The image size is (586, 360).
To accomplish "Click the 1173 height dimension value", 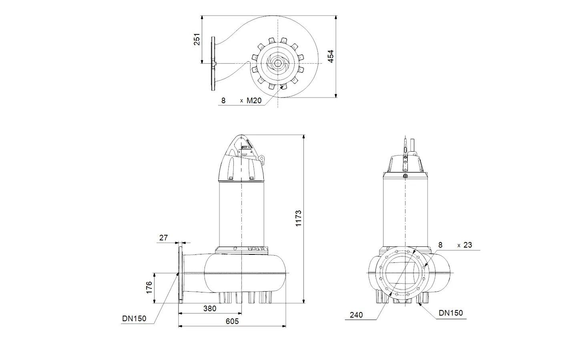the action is tap(298, 218).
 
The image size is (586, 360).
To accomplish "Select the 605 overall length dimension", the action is tap(232, 321).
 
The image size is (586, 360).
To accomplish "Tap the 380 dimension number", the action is tap(210, 308).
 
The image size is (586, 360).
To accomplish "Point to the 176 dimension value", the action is tap(149, 288).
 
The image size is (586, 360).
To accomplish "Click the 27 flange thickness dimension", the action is tap(163, 238).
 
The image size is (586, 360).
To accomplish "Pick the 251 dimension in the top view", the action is tap(197, 39).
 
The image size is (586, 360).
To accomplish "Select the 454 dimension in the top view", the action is tap(331, 56).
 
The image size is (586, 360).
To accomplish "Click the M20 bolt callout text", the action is tap(254, 101).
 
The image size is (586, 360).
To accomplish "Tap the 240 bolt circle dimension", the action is tap(356, 315).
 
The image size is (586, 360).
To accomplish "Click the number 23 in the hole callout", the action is tap(468, 245).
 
